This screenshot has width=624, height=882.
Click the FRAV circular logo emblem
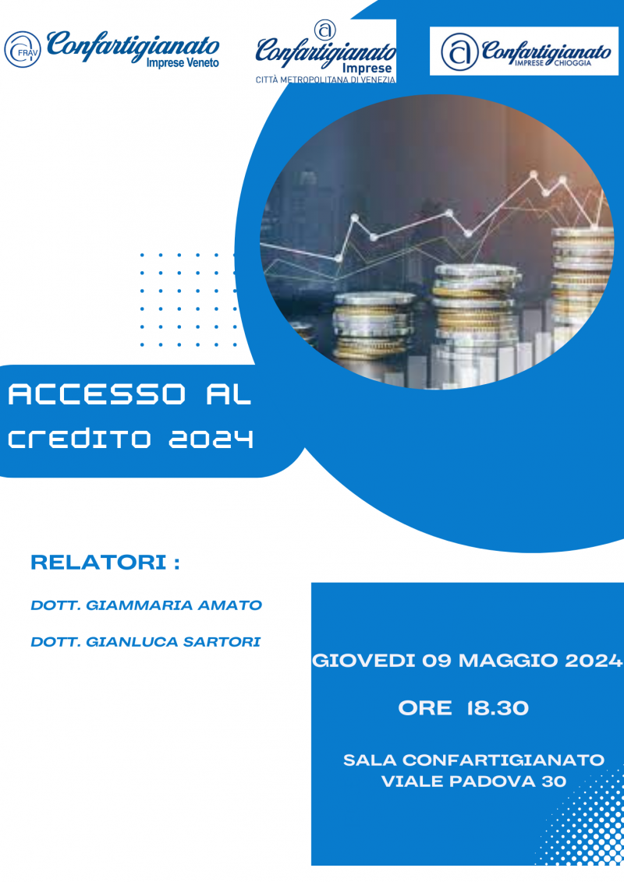(x=23, y=50)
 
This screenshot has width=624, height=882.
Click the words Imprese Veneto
(x=183, y=63)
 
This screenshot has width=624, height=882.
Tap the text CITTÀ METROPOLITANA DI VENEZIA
(x=325, y=80)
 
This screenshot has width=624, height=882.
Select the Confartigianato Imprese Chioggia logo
(x=523, y=51)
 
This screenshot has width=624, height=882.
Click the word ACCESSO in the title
(x=97, y=394)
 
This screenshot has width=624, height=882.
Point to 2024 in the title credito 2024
(x=211, y=438)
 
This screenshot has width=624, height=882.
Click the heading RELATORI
(x=98, y=562)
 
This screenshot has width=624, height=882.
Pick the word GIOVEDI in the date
(x=363, y=661)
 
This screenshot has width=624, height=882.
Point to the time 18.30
(x=498, y=708)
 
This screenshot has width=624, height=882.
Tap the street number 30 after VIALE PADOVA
(x=554, y=781)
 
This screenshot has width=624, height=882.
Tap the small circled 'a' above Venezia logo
(x=325, y=30)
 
